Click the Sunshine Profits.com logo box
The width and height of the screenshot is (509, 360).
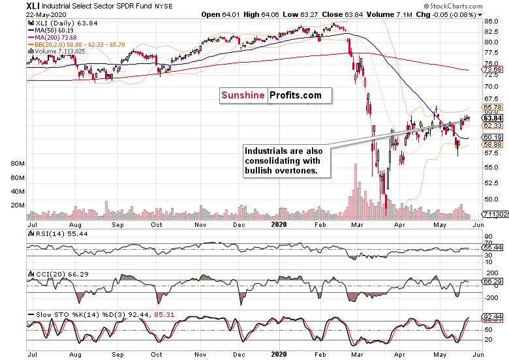pos(275,95)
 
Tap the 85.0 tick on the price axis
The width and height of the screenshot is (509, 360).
pos(492,22)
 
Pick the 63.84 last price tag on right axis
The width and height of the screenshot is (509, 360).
pos(492,118)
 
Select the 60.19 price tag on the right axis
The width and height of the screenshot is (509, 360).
pos(492,137)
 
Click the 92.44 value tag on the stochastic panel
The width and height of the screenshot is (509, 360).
pos(492,316)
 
